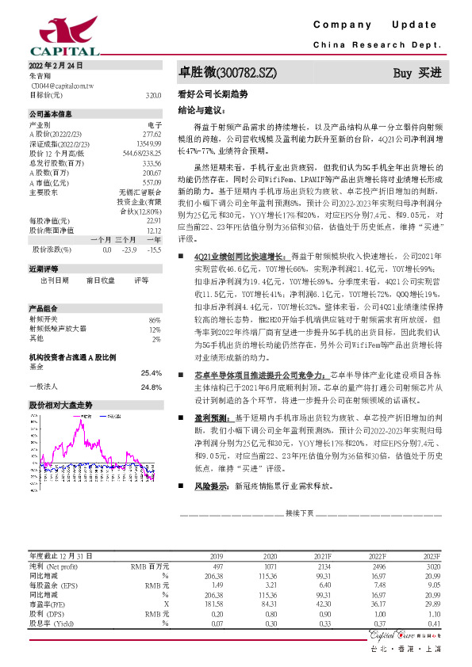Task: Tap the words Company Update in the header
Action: pyautogui.click(x=381, y=25)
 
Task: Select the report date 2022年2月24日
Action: pyautogui.click(x=56, y=64)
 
